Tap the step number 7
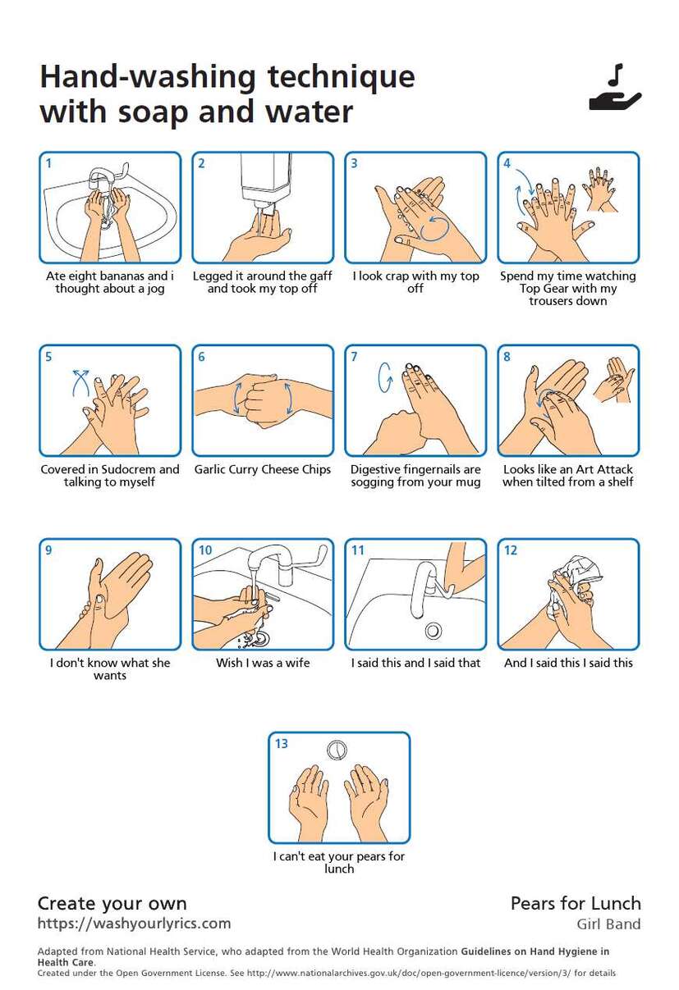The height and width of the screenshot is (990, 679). coord(354,356)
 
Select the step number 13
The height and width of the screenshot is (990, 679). coord(282,743)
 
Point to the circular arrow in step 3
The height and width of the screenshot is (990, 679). coord(434,228)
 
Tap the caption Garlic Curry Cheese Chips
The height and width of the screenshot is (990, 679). coord(263,469)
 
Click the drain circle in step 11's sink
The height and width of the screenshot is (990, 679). coord(433,630)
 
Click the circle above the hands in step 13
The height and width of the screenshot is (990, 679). coord(337,750)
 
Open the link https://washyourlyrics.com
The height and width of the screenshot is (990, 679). coord(134,924)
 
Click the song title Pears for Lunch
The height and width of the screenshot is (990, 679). coord(576,903)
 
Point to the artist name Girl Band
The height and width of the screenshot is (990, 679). coord(608,924)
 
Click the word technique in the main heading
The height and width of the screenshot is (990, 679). coord(341,76)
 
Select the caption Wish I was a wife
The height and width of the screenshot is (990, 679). coord(263,663)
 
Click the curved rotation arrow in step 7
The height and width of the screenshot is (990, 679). coord(385,377)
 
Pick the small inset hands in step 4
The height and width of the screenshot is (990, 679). coord(599,189)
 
